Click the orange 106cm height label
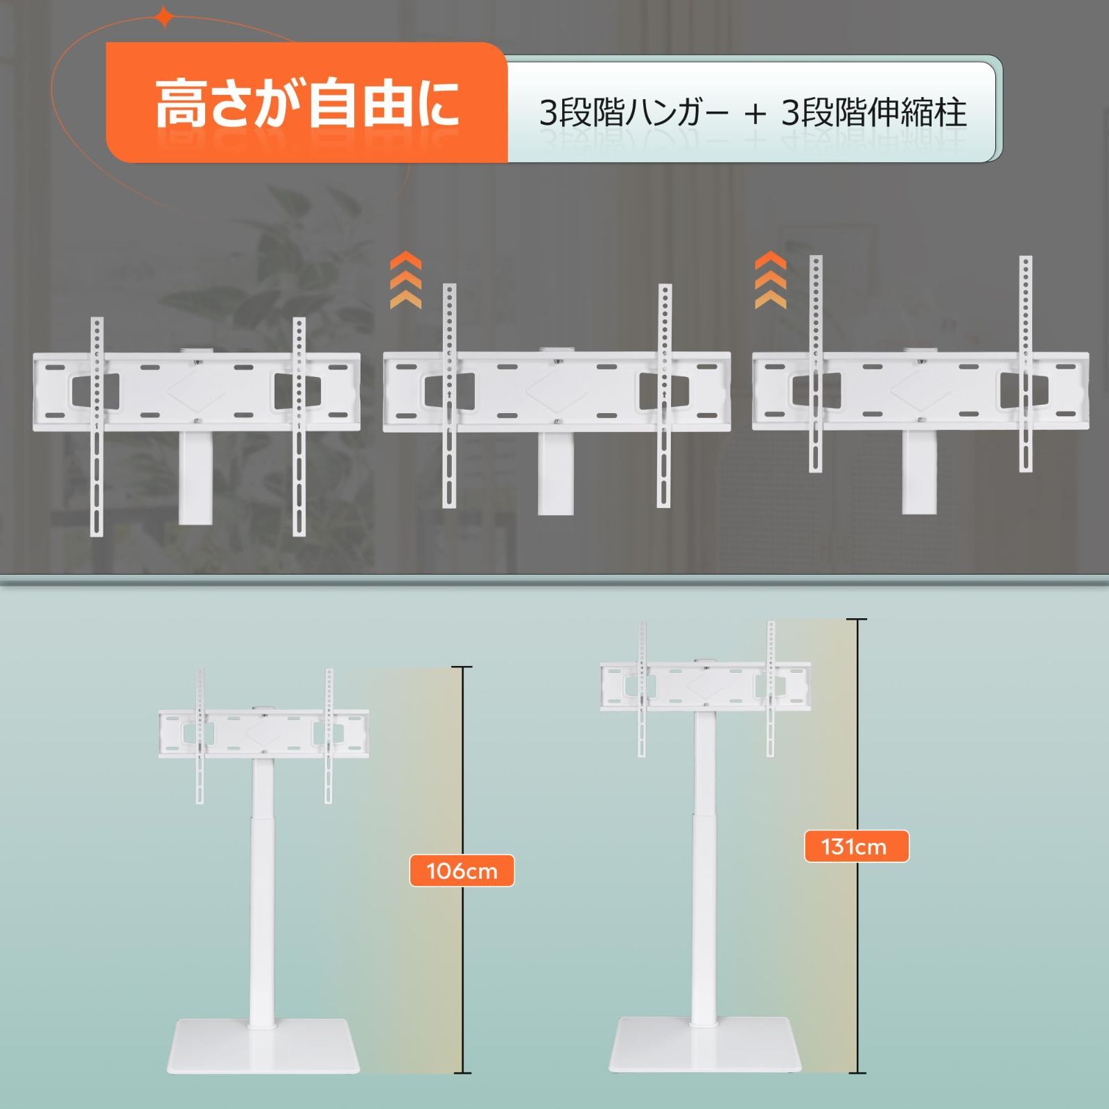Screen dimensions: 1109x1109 tap(462, 870)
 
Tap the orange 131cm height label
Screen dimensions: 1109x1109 tap(855, 846)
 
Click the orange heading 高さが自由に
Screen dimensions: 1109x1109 tap(306, 104)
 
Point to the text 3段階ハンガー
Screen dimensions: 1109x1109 tap(634, 113)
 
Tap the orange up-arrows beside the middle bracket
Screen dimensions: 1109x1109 tap(405, 281)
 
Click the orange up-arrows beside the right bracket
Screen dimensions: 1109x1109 tap(770, 281)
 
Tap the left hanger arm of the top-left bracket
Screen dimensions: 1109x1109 tap(97, 426)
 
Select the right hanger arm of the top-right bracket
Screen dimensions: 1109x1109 tap(1025, 364)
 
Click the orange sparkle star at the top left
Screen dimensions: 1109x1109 tap(164, 17)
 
